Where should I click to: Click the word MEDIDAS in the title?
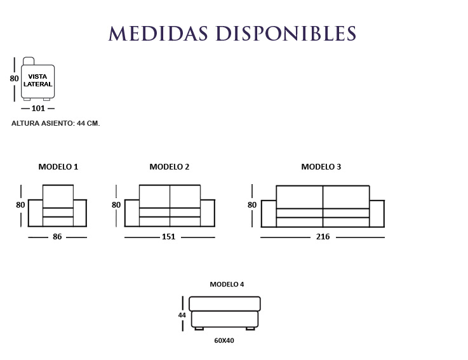(x=158, y=33)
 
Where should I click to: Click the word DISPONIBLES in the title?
(x=286, y=33)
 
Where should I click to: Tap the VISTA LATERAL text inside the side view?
(x=38, y=80)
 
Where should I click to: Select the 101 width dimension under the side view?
(x=38, y=109)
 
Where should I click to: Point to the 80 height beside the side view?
(x=15, y=79)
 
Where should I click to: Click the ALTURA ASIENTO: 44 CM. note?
(x=55, y=123)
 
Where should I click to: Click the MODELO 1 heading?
(x=58, y=166)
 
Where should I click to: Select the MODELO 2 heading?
(x=170, y=166)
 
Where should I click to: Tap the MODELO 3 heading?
(x=321, y=166)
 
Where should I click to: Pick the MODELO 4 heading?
(x=227, y=284)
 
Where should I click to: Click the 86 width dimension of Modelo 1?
(x=57, y=237)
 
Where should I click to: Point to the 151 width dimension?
(x=168, y=237)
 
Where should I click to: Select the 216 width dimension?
(x=323, y=237)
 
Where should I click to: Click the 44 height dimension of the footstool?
(x=182, y=315)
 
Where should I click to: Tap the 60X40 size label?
(x=224, y=340)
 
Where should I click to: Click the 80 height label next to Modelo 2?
(x=116, y=205)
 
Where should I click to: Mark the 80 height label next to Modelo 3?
(x=252, y=205)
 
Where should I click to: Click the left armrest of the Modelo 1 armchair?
(x=36, y=213)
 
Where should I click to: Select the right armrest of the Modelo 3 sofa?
(x=377, y=214)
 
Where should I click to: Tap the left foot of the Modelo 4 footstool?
(x=199, y=329)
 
